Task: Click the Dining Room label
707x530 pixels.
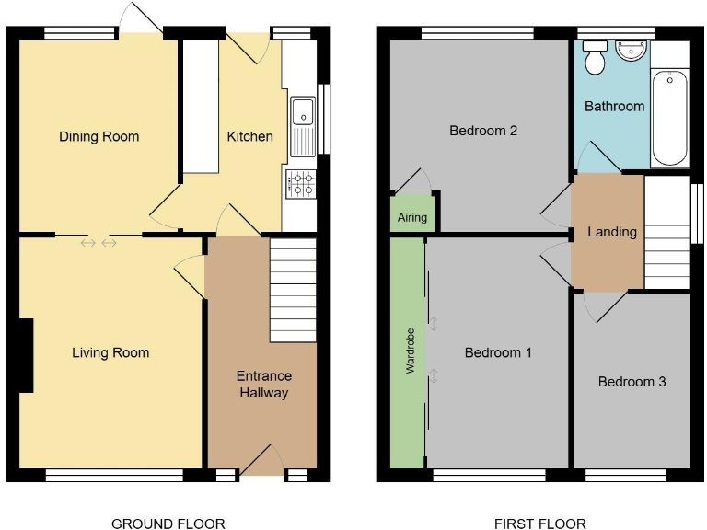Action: pos(99,136)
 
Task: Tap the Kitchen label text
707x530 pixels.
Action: pos(249,136)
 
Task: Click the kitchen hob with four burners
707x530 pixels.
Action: pos(301,184)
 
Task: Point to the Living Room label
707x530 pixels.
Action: pos(110,352)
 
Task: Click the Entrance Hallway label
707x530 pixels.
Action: pos(263,385)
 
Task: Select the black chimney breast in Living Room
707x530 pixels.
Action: pos(26,354)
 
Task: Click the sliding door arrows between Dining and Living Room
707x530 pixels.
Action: pos(99,243)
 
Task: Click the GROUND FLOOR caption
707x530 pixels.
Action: pos(168,524)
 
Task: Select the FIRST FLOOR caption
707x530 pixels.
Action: pos(539,524)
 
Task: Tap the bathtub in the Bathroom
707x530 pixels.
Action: pos(669,118)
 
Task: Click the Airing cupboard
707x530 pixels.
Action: pos(411,217)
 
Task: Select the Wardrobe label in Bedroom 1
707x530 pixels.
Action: pos(406,351)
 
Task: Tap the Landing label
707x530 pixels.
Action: pos(611,232)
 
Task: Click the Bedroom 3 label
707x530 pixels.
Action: pos(632,381)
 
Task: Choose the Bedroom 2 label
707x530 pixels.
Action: pos(482,131)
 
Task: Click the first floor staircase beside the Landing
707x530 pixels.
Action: pos(666,232)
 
